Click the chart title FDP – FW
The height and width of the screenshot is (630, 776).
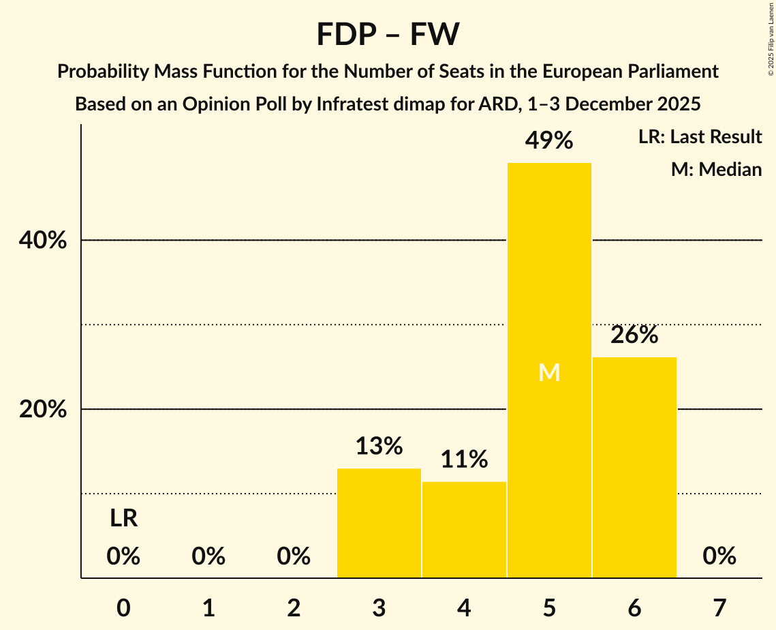coord(388,34)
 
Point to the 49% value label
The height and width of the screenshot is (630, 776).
coord(549,141)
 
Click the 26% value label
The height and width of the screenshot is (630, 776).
coord(634,335)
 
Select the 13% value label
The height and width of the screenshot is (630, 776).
coord(379,446)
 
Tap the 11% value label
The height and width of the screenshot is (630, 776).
coord(464,460)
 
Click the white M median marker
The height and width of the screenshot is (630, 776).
coord(549,372)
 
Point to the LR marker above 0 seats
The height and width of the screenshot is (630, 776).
coord(123,519)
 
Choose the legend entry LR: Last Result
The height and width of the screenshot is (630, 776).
coord(700,137)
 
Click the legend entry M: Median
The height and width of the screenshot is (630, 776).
coord(716,169)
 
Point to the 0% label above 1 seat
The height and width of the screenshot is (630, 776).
coord(208,557)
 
